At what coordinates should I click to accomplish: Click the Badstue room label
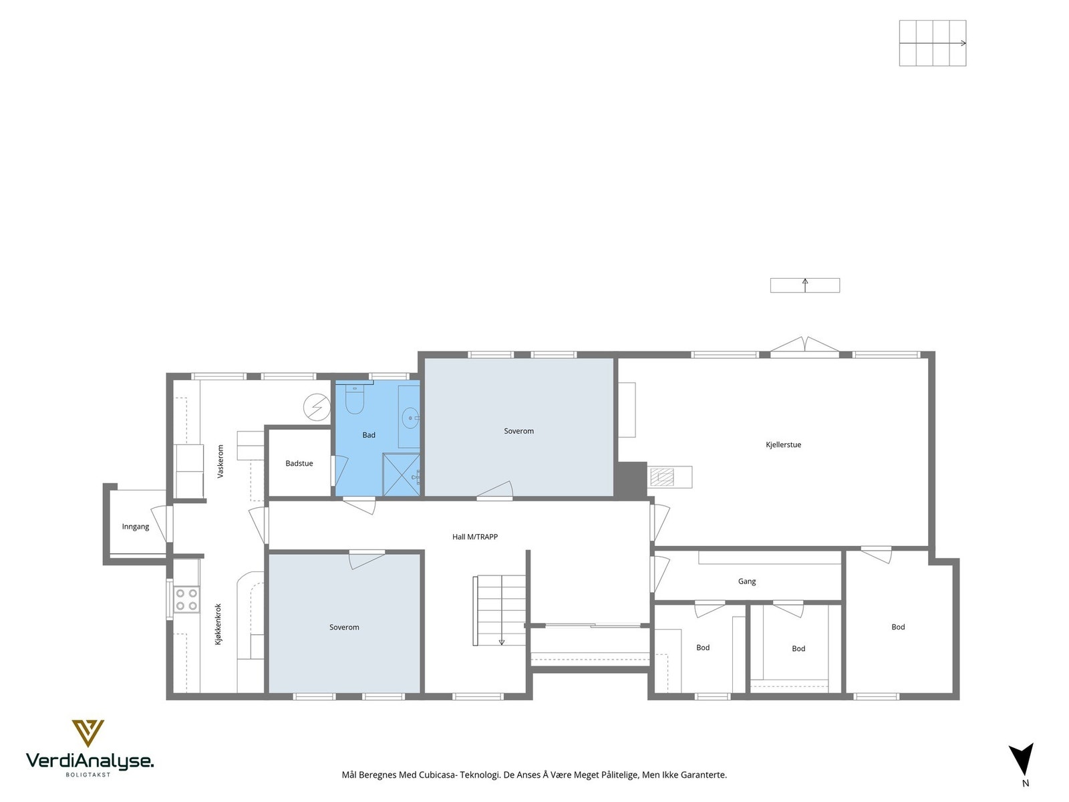coord(299,463)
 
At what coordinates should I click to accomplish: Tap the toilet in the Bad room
coord(355,400)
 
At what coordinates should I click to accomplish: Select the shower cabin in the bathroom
coord(402,475)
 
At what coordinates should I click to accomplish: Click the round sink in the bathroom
coord(410,418)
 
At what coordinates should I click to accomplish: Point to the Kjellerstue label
coord(783,444)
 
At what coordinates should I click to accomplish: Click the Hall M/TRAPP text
coord(475,537)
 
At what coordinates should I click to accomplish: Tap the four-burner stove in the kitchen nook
coord(187,599)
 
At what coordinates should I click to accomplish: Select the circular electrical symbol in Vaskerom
coord(317,407)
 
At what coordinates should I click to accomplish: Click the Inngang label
coord(136,527)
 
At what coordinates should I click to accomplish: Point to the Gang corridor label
coord(746,581)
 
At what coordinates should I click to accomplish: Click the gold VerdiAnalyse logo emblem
coord(88,733)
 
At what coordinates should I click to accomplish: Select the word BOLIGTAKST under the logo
coord(88,775)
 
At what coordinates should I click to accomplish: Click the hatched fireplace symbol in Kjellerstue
coord(662,477)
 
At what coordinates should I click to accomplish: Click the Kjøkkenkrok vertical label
coord(218,625)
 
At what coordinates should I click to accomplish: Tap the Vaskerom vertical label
coord(220,461)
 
